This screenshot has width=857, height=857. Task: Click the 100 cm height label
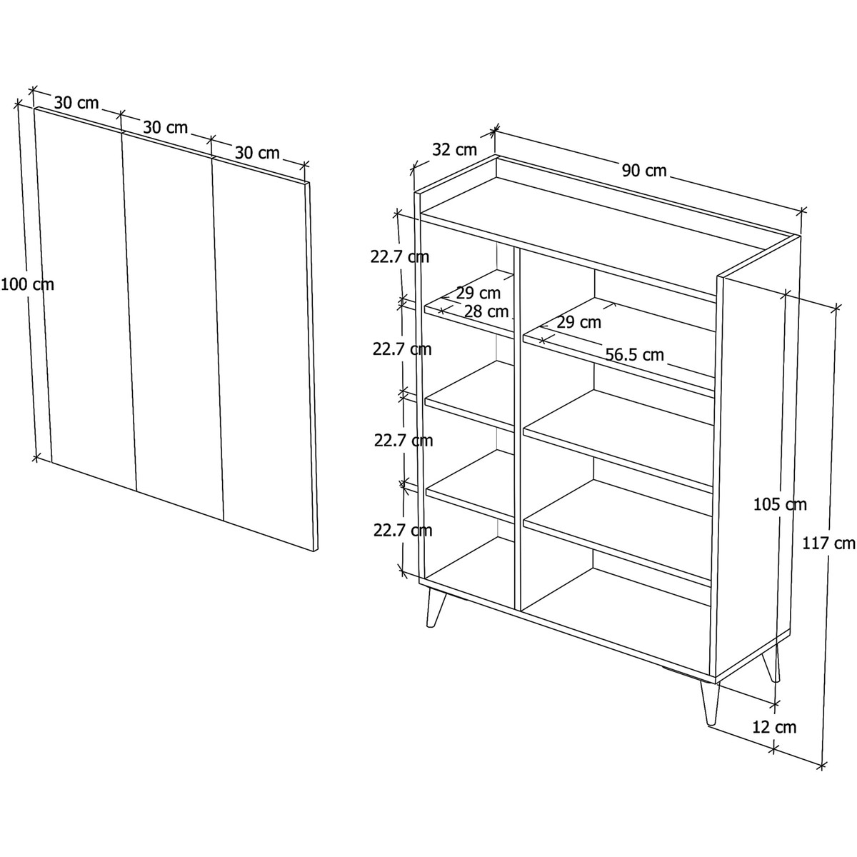coord(28,285)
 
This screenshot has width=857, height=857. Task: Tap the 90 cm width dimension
coord(644,171)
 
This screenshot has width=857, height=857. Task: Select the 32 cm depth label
coord(454,150)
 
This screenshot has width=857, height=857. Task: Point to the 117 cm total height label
coord(829,543)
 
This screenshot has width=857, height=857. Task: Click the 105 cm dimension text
coord(780,504)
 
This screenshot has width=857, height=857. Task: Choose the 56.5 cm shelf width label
coord(635,354)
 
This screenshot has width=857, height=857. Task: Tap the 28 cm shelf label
coord(486,311)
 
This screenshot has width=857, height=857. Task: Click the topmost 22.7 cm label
coord(400,257)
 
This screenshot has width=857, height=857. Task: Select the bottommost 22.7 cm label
coord(403,530)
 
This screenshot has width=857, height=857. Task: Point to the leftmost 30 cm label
coord(76,103)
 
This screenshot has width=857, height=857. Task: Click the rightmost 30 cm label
coord(257,153)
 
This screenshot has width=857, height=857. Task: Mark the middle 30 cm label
coord(166,128)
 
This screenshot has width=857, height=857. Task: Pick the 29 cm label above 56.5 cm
coord(578,322)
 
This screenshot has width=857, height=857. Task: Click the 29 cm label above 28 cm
coord(478,293)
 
